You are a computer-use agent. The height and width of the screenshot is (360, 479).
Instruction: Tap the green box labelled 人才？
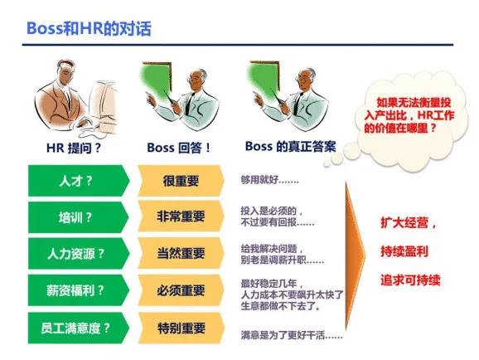pyautogui.click(x=75, y=180)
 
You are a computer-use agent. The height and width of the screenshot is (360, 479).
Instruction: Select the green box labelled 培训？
pyautogui.click(x=75, y=216)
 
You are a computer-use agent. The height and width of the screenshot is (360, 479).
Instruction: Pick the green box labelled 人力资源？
pyautogui.click(x=75, y=253)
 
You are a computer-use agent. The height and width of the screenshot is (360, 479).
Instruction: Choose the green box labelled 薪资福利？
pyautogui.click(x=75, y=289)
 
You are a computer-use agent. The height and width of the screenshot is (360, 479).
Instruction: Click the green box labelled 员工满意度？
pyautogui.click(x=75, y=326)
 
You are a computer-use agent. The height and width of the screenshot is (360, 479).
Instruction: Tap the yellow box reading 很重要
pyautogui.click(x=180, y=180)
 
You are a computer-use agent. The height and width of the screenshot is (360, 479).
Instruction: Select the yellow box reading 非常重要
pyautogui.click(x=180, y=216)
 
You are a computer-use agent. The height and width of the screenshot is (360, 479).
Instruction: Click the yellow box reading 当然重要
pyautogui.click(x=180, y=253)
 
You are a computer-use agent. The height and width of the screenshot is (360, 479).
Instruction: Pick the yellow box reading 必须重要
pyautogui.click(x=180, y=289)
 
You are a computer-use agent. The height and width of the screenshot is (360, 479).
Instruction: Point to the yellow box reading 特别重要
pyautogui.click(x=180, y=326)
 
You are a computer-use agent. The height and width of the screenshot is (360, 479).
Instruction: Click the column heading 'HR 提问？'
pyautogui.click(x=73, y=148)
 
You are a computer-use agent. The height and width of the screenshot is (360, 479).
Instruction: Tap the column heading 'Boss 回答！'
pyautogui.click(x=179, y=148)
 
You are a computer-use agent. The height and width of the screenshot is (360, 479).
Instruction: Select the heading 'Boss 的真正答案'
pyautogui.click(x=290, y=147)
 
